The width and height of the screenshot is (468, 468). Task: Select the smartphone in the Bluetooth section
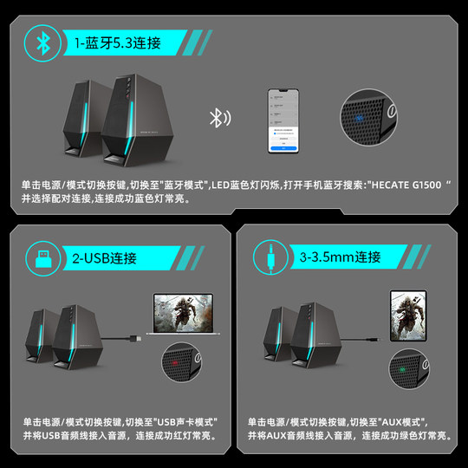(284, 119)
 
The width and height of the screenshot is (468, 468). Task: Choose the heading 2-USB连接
(105, 257)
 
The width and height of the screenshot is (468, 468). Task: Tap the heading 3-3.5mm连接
(340, 257)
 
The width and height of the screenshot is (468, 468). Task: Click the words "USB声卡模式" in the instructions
(184, 421)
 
